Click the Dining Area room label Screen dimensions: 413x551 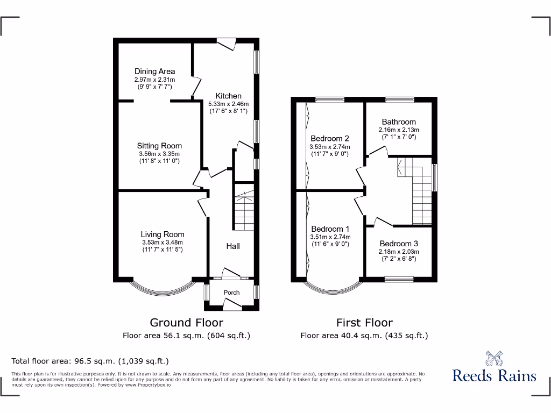point(154,71)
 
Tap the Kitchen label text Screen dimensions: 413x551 point(228,96)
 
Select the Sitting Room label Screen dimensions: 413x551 point(159,146)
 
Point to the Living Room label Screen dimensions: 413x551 point(163,234)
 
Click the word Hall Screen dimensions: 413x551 point(233,246)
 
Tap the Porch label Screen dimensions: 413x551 point(231,293)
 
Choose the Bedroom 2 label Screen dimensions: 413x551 point(329,138)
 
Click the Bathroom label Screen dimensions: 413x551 point(399,122)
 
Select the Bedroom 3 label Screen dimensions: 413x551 point(399,244)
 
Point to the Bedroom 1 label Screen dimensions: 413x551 point(330,229)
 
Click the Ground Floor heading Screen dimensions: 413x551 point(186,323)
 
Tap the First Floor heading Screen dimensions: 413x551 point(364,323)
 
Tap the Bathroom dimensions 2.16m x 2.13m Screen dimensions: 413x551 point(399,130)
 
